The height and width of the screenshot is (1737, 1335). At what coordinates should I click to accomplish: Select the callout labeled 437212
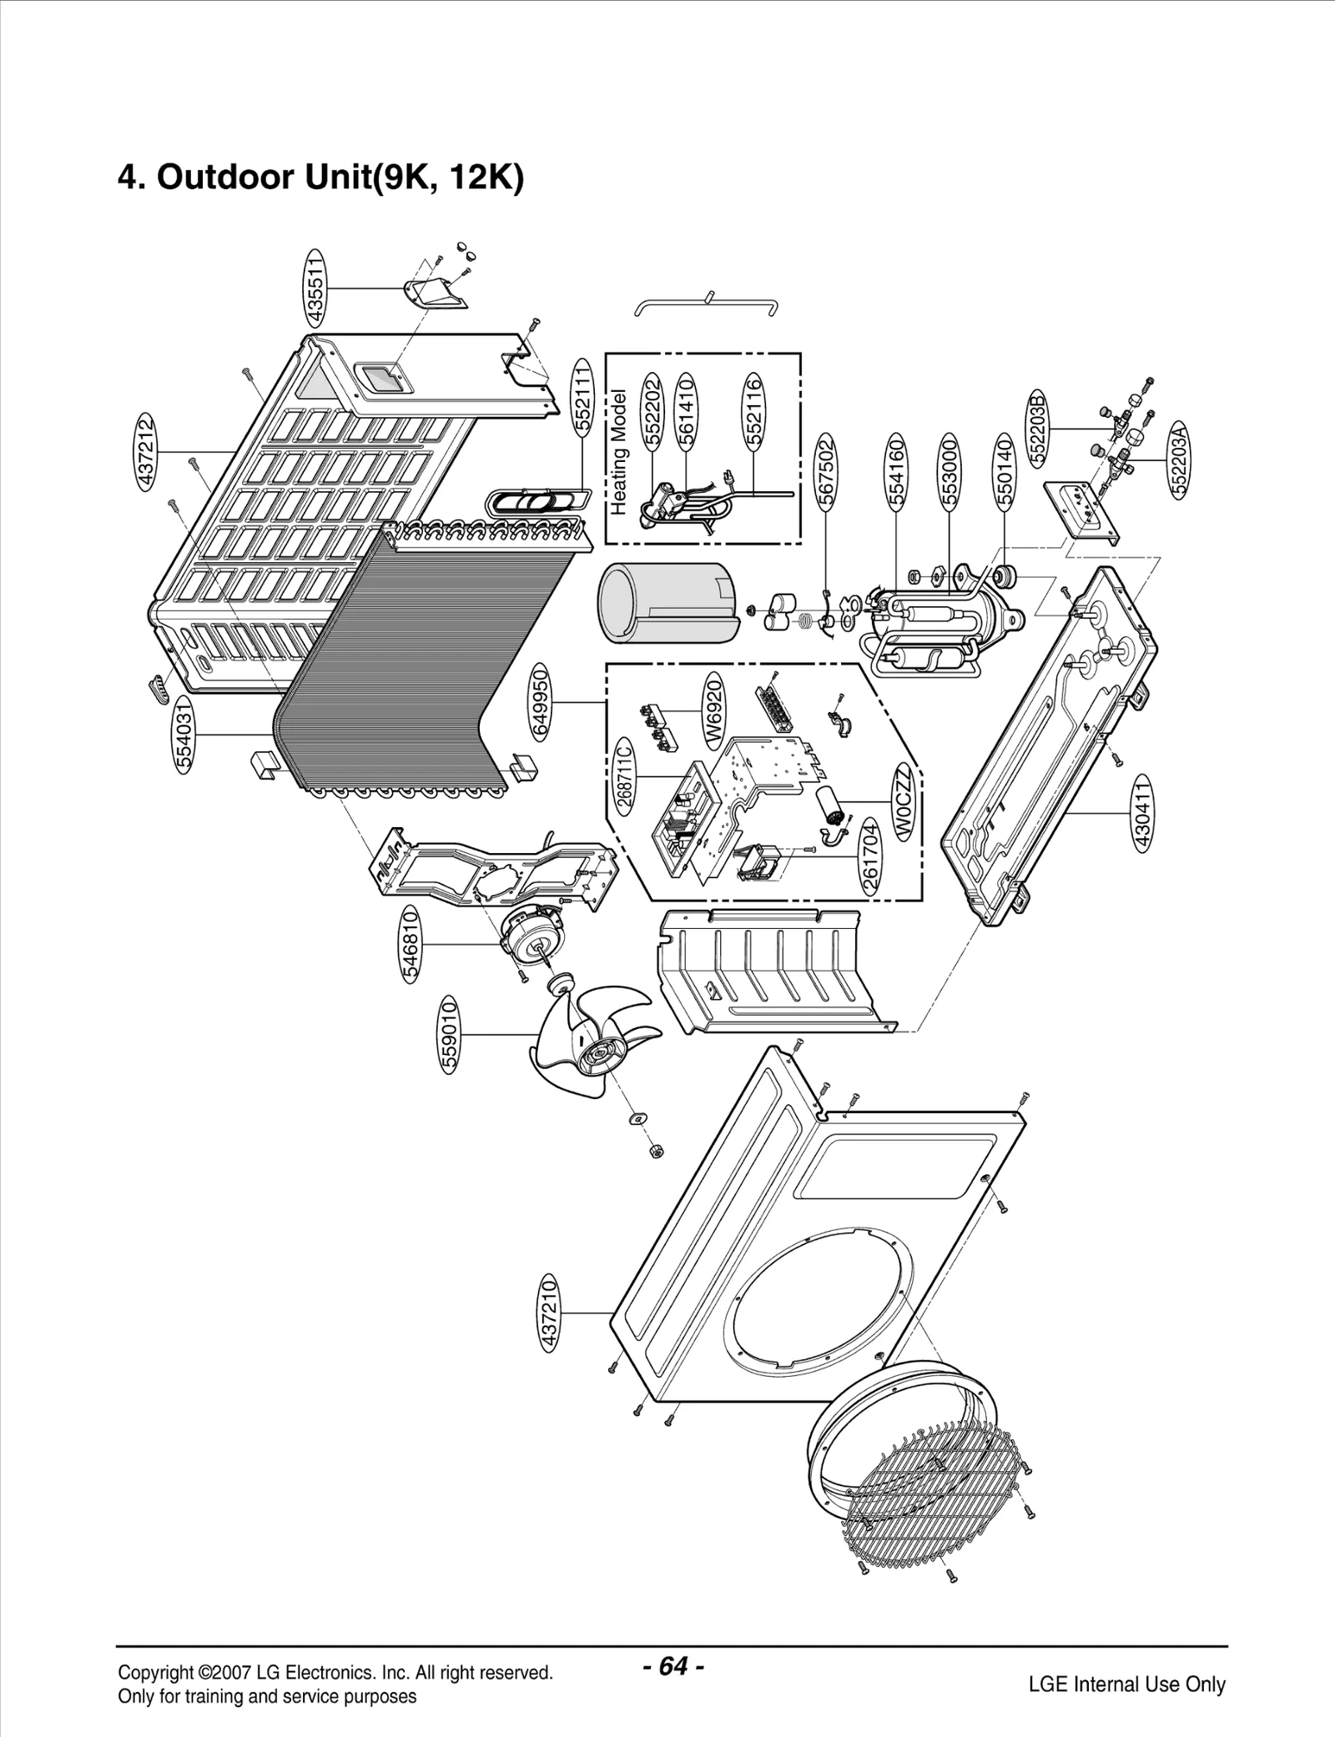(x=147, y=451)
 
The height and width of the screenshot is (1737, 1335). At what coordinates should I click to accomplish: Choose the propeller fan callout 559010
(x=450, y=1034)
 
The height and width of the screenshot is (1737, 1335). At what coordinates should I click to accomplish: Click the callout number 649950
(x=542, y=703)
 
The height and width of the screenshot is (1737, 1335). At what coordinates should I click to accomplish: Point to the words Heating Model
(x=618, y=450)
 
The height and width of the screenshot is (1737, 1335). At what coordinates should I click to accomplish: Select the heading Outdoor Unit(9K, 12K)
(x=321, y=177)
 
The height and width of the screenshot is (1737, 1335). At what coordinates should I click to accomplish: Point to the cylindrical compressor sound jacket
(x=667, y=602)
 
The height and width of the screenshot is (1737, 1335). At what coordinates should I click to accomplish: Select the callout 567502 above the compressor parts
(x=826, y=471)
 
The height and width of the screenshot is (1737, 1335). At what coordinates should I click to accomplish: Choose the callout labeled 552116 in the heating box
(x=753, y=413)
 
